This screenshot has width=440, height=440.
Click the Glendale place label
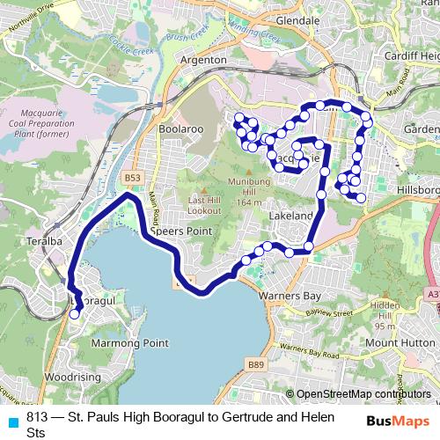click(297, 18)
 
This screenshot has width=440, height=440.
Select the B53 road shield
click(132, 179)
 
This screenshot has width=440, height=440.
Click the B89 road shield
click(256, 363)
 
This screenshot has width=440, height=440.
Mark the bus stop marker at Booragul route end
click(74, 313)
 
